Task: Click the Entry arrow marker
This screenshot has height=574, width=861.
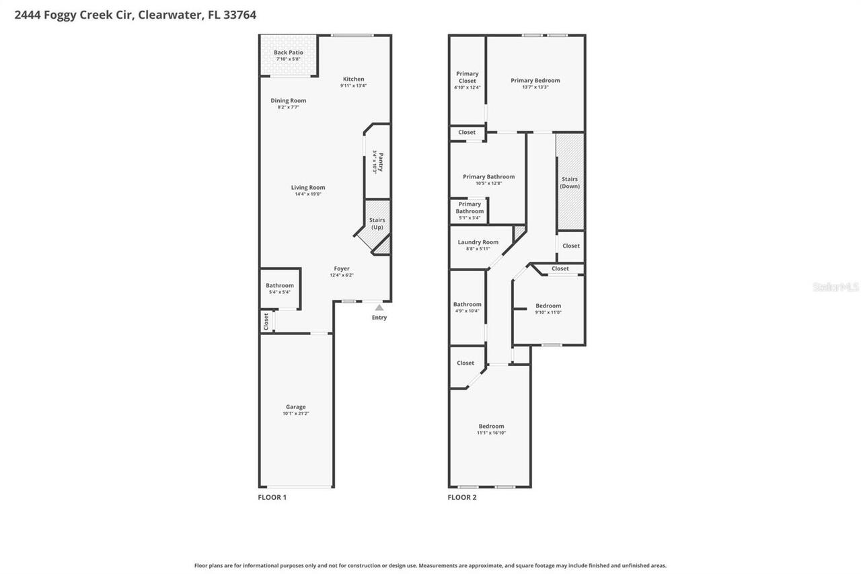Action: point(379,308)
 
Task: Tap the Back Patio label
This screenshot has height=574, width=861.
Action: point(288,52)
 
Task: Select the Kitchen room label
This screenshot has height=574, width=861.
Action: point(353,79)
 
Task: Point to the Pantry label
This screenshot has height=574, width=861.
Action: point(380,163)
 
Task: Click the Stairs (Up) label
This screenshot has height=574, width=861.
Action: point(377,223)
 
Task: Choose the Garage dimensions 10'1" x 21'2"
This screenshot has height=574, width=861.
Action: point(295,413)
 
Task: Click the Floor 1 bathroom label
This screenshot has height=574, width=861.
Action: point(279,285)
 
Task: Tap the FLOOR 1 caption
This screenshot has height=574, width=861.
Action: point(272,497)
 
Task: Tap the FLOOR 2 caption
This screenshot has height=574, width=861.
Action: point(462,497)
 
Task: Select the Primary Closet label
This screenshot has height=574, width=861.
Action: point(467,77)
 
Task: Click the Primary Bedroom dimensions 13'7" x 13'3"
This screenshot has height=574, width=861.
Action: point(535,87)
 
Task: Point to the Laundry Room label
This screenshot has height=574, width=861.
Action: point(478,242)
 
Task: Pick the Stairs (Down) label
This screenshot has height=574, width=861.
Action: point(570,182)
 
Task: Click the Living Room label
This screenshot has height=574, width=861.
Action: point(308,188)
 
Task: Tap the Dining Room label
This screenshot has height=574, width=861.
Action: point(288,101)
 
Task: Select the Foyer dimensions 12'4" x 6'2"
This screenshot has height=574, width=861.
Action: point(341,275)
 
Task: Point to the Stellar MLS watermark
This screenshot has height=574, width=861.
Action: point(835,287)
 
